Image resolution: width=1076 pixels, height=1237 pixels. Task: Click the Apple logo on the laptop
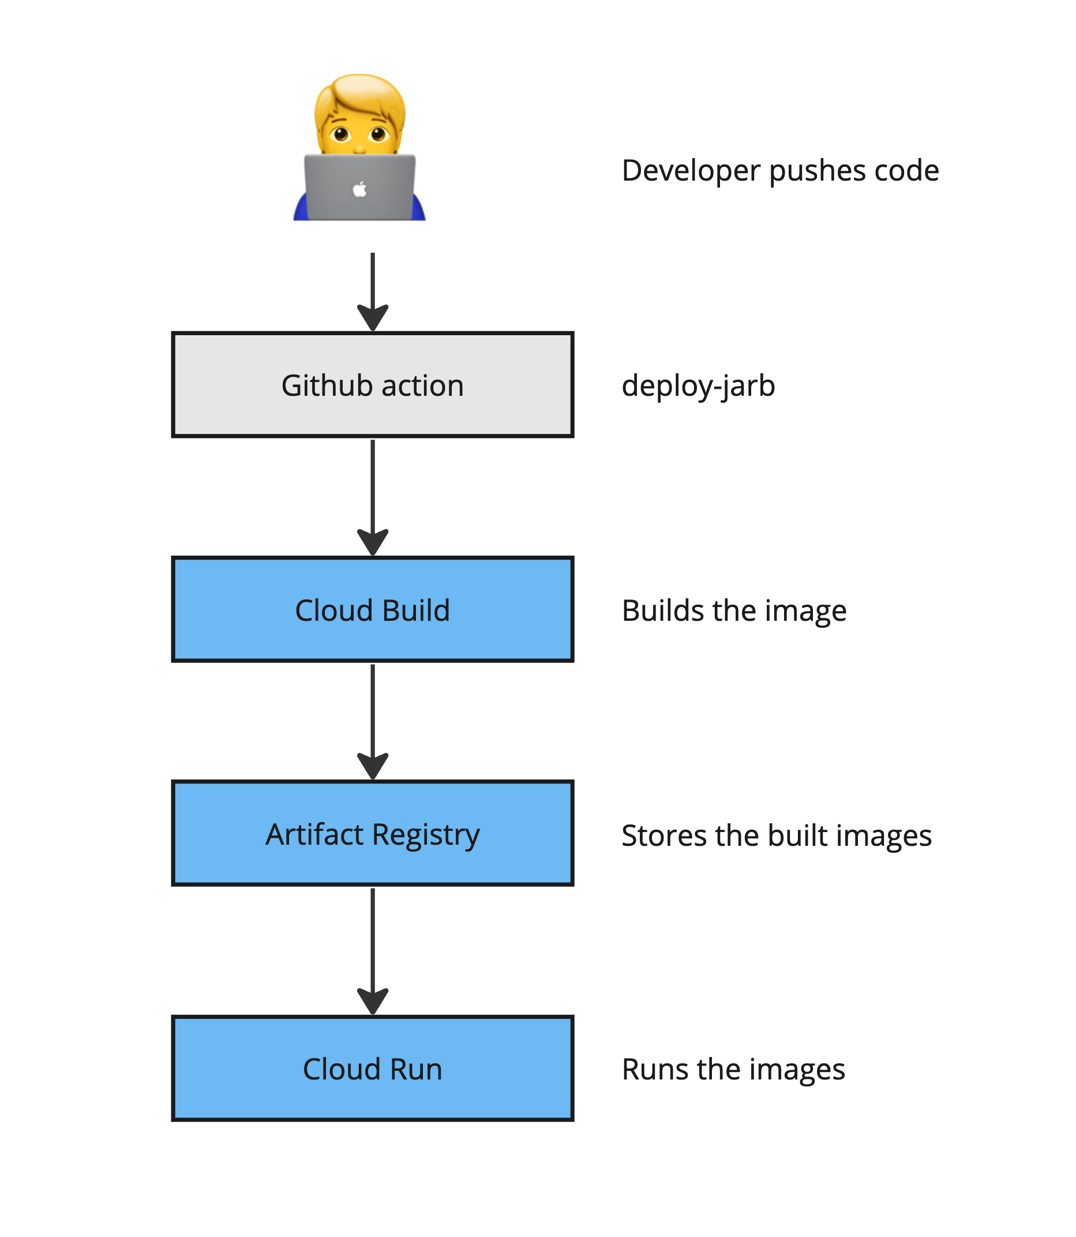359,190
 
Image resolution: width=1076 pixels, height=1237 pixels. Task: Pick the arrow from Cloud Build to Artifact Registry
373,721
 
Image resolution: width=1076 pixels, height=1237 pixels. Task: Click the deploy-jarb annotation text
698,385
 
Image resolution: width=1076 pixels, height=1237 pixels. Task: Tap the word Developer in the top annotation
691,171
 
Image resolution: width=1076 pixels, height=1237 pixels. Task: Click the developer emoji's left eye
340,134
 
